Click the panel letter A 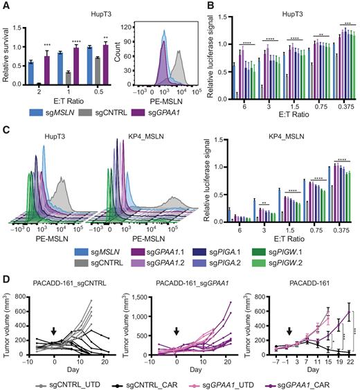6,6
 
